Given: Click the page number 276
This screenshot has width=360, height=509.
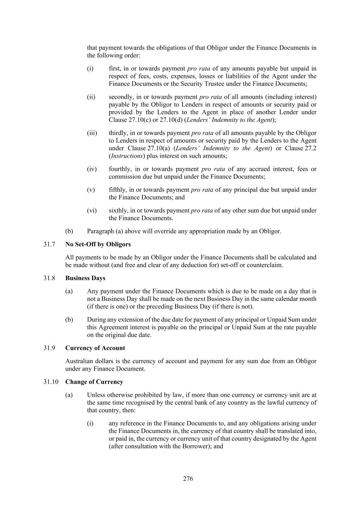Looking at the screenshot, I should pyautogui.click(x=188, y=478).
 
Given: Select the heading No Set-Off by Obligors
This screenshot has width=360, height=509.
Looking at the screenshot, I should pyautogui.click(x=98, y=244).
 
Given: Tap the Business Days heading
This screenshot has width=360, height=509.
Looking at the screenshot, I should pyautogui.click(x=85, y=278).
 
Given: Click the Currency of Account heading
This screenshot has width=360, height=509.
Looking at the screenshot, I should pyautogui.click(x=95, y=348).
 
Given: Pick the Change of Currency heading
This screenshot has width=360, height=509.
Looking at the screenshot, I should pyautogui.click(x=94, y=382).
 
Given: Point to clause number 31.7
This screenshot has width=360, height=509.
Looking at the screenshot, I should pyautogui.click(x=49, y=244).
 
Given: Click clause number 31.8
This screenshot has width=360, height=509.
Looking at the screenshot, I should pyautogui.click(x=49, y=278).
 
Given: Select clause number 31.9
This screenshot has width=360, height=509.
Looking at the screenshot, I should pyautogui.click(x=49, y=348).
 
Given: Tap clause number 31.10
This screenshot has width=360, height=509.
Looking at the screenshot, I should pyautogui.click(x=51, y=382).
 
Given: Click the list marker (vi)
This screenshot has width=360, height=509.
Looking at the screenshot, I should pyautogui.click(x=92, y=210).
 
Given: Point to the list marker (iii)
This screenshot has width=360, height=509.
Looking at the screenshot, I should pyautogui.click(x=92, y=133).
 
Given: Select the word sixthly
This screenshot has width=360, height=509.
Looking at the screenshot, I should pyautogui.click(x=117, y=210).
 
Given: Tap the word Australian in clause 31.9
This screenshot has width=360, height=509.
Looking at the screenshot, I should pyautogui.click(x=78, y=361).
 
